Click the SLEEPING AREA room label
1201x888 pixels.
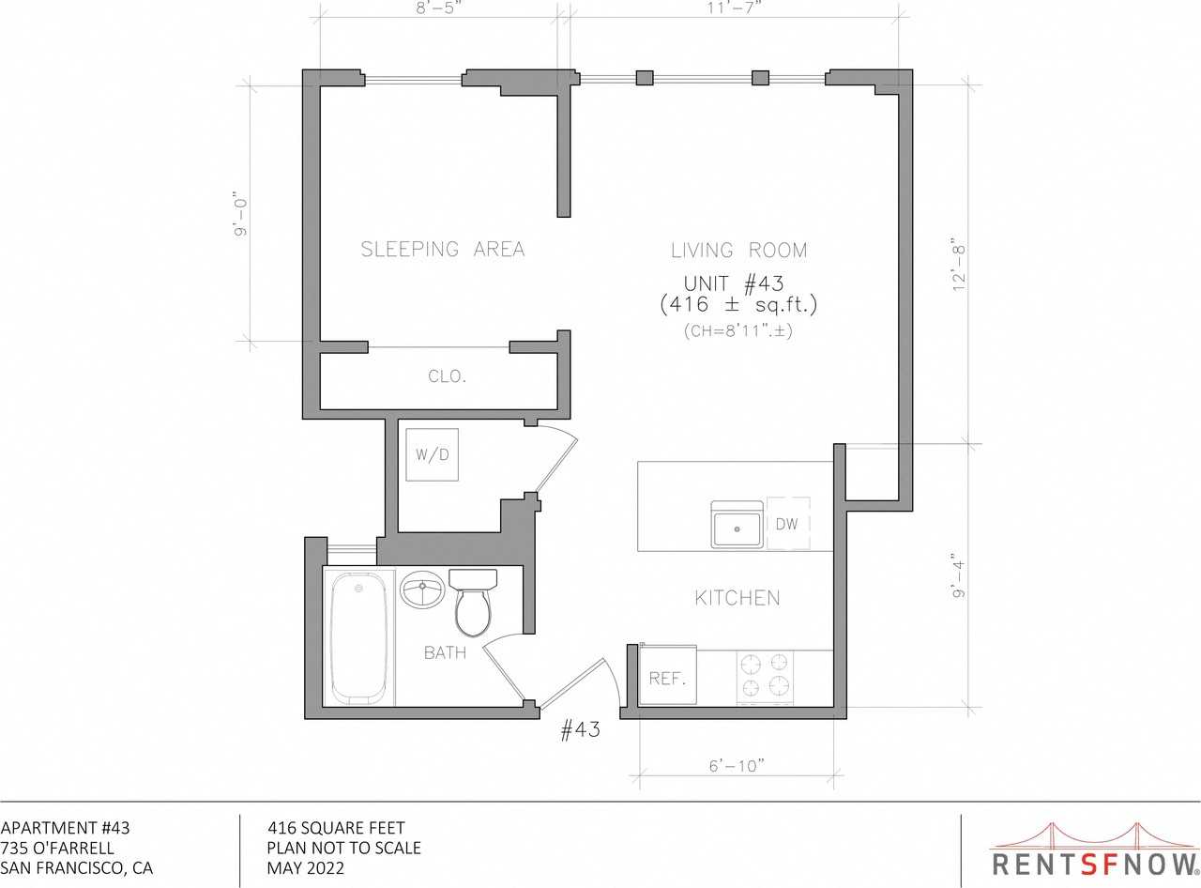click(x=443, y=249)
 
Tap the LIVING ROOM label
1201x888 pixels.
click(x=738, y=251)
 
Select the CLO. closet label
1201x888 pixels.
click(x=447, y=376)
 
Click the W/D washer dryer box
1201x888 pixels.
click(x=433, y=454)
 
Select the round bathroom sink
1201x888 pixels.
click(x=422, y=591)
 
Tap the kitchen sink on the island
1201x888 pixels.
click(x=737, y=525)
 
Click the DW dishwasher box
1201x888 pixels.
click(x=787, y=524)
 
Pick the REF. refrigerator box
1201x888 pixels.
click(x=667, y=678)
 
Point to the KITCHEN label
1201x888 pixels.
click(x=737, y=598)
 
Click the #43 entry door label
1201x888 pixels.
click(x=580, y=730)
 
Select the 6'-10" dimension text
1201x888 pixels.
click(x=737, y=766)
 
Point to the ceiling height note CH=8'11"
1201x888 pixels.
click(x=737, y=330)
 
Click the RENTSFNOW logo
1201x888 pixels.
click(x=1095, y=850)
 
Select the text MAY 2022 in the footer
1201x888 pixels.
click(x=306, y=868)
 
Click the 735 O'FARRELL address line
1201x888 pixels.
click(x=57, y=848)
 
